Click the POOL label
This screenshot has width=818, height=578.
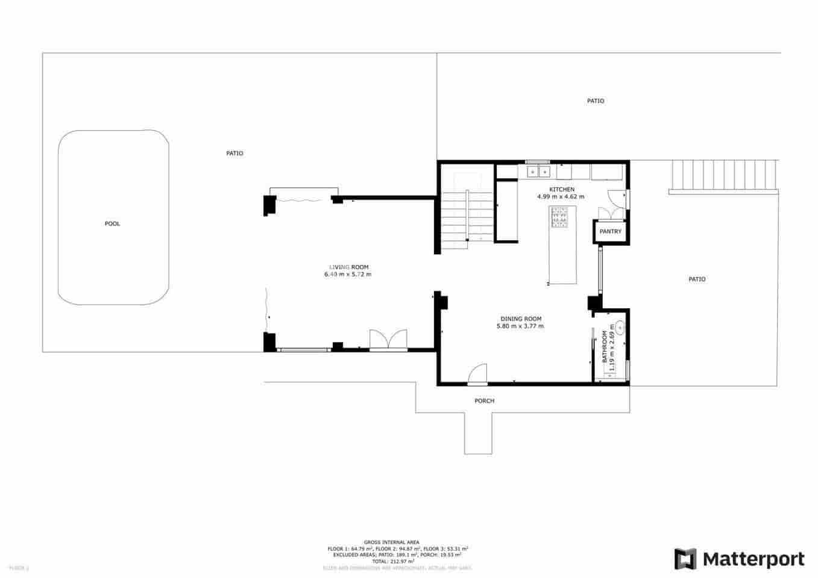(112, 224)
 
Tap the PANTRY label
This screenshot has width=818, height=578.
(610, 232)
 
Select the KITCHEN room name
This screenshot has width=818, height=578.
(561, 190)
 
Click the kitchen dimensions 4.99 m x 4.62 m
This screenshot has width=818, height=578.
(561, 197)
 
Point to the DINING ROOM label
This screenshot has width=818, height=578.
(521, 319)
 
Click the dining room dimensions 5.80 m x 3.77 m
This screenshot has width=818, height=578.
(520, 326)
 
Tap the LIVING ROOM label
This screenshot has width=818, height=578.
(348, 267)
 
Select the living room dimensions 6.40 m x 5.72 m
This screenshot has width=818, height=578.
(348, 275)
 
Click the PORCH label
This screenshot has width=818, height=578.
(484, 401)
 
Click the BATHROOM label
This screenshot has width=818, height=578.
(605, 346)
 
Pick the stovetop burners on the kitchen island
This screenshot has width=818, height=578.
(559, 217)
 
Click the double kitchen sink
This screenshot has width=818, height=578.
(538, 172)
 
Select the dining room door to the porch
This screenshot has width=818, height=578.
(477, 374)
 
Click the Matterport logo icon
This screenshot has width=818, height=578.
(685, 559)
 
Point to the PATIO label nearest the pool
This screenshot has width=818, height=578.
(234, 154)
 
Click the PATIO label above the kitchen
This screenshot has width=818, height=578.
(595, 101)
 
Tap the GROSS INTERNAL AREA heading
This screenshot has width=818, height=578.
(391, 542)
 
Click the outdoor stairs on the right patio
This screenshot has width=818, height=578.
(723, 175)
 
